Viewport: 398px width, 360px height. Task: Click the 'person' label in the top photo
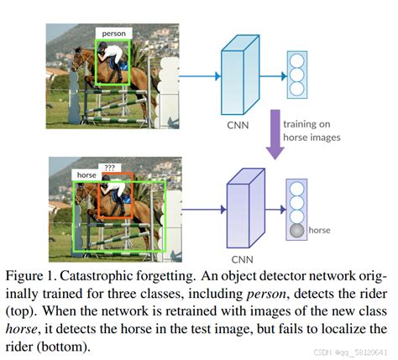pos(113,34)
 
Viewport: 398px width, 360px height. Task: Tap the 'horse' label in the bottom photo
pos(86,175)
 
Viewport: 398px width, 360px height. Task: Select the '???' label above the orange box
pos(110,167)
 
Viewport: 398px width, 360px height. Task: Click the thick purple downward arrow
pos(270,134)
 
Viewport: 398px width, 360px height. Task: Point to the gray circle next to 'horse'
pos(296,230)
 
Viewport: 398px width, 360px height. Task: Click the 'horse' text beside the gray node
pos(320,230)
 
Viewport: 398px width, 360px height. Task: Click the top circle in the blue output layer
pos(296,60)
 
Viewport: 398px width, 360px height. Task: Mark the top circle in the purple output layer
pos(296,188)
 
